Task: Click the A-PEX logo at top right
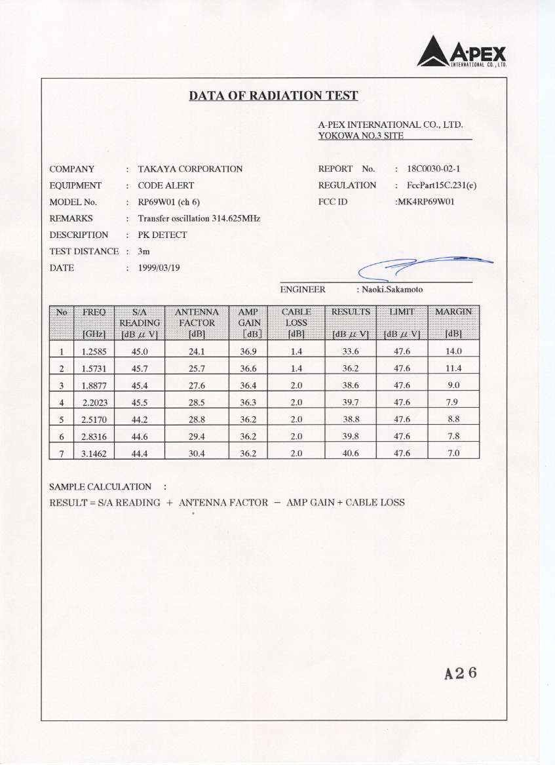(x=462, y=51)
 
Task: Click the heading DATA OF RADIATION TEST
(x=273, y=96)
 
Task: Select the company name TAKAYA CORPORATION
(x=190, y=169)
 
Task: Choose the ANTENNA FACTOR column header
(x=197, y=323)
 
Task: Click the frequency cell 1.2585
(x=94, y=351)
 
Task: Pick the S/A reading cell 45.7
(x=140, y=368)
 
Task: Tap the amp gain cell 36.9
(x=248, y=351)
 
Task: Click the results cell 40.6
(x=351, y=453)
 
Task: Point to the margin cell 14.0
(x=453, y=351)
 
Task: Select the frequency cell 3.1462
(x=94, y=453)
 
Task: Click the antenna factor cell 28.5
(x=197, y=402)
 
